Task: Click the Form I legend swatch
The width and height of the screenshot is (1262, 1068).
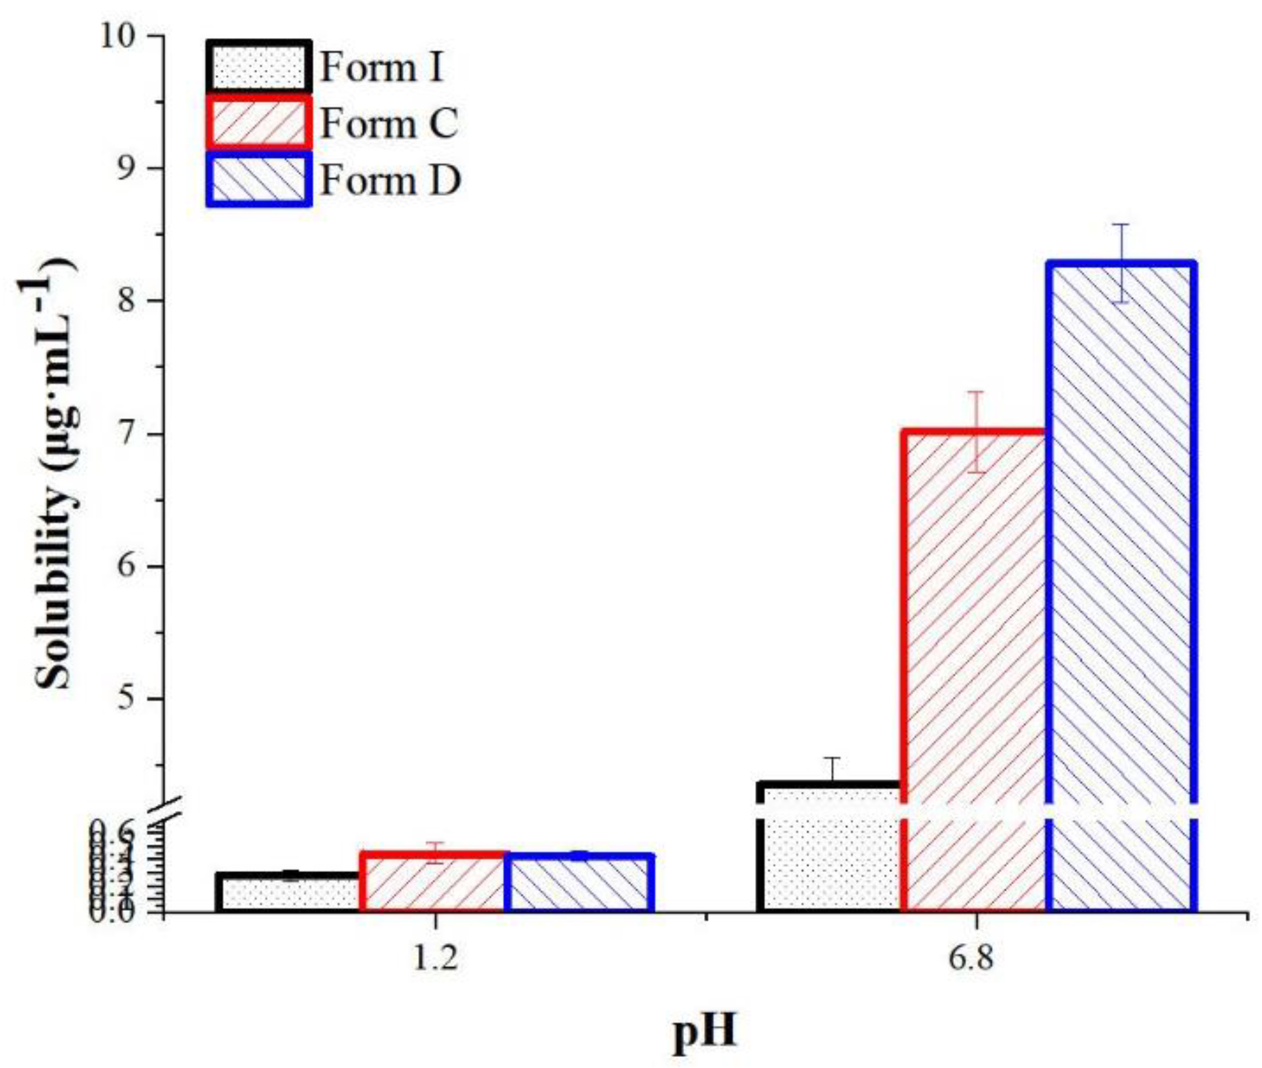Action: (x=258, y=67)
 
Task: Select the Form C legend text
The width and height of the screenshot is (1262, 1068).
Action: (x=388, y=123)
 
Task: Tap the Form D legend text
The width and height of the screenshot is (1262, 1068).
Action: (x=390, y=180)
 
